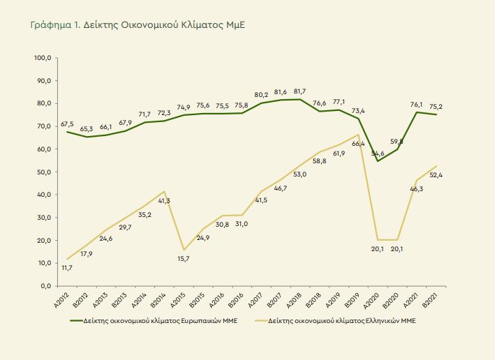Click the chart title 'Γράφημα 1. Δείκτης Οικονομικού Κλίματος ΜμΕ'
tap(138, 24)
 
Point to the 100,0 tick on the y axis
tap(43, 58)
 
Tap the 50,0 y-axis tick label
tap(45, 172)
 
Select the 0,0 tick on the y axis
tap(46, 286)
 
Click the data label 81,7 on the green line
tap(300, 91)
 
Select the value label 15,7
tap(183, 259)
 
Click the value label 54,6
tap(378, 153)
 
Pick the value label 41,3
tap(163, 200)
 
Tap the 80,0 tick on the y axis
tap(45, 103)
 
